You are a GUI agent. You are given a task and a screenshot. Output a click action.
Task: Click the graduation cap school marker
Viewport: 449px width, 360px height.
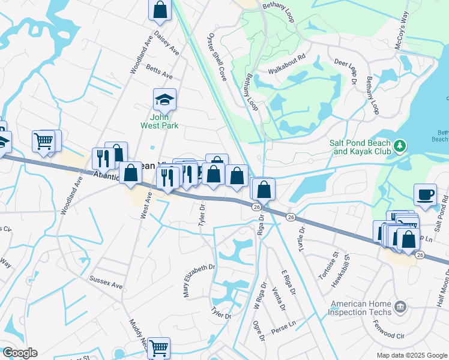click(x=164, y=99)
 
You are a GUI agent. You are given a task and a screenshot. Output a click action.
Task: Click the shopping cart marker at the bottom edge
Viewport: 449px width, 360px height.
click(x=158, y=347)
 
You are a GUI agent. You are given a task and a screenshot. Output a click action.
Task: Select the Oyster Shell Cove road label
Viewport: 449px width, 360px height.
click(x=217, y=58)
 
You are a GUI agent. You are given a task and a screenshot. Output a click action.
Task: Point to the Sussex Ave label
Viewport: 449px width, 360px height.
click(x=106, y=280)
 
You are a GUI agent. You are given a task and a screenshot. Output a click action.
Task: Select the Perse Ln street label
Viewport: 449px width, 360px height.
click(x=284, y=324)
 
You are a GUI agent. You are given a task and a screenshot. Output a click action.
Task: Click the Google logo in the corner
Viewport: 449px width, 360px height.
click(x=20, y=353)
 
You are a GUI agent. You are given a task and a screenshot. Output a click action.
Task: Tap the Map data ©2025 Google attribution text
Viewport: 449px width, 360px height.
click(x=411, y=355)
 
